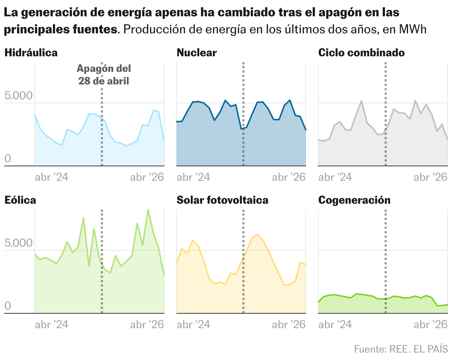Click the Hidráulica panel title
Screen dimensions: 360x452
[31, 53]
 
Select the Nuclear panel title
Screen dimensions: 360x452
[197, 53]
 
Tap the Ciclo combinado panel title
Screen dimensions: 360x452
[361, 53]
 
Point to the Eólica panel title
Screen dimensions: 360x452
[20, 200]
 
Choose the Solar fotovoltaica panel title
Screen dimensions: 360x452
[222, 200]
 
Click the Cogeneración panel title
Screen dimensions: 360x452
[354, 200]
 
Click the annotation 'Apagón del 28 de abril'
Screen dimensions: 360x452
[104, 74]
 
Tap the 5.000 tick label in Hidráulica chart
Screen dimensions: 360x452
[19, 96]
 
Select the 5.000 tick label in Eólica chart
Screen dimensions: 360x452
[19, 244]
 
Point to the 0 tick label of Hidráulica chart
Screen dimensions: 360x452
[8, 159]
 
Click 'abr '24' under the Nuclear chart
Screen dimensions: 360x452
[193, 177]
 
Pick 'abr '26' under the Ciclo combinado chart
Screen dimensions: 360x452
[431, 177]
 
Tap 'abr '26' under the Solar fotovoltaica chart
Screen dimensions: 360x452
[289, 324]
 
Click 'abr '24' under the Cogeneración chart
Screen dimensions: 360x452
[335, 324]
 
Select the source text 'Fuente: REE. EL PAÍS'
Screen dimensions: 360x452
[401, 349]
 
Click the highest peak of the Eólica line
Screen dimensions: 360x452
[148, 210]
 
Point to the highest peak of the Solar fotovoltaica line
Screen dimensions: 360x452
[257, 234]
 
